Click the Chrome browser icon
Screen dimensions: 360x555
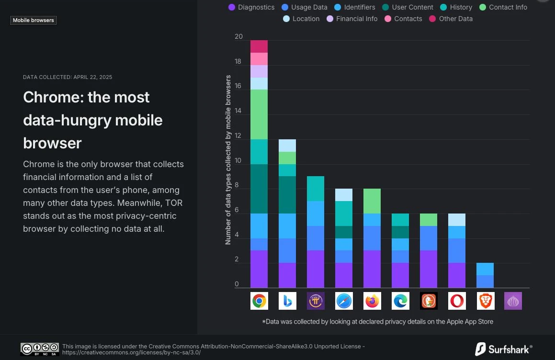(259, 301)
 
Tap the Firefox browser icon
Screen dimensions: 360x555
(372, 301)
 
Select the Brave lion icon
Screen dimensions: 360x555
(485, 301)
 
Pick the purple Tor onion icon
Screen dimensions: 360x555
(513, 301)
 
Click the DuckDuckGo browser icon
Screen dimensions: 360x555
(429, 301)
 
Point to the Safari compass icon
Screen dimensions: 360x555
(344, 301)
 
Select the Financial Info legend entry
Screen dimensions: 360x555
(352, 19)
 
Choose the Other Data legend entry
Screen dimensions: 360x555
(451, 19)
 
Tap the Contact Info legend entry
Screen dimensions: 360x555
(503, 7)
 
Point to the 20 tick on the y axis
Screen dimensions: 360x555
(238, 37)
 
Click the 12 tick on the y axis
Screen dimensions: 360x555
(238, 136)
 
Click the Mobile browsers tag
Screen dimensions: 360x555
(34, 21)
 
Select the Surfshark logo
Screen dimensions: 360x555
(503, 349)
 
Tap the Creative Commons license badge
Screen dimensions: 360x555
(40, 349)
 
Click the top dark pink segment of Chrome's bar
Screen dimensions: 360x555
(259, 46)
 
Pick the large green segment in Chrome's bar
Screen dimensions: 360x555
(259, 114)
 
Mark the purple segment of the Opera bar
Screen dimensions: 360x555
(457, 275)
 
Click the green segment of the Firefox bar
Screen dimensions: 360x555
(372, 201)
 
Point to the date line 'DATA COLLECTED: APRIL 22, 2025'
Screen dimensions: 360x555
(68, 77)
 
